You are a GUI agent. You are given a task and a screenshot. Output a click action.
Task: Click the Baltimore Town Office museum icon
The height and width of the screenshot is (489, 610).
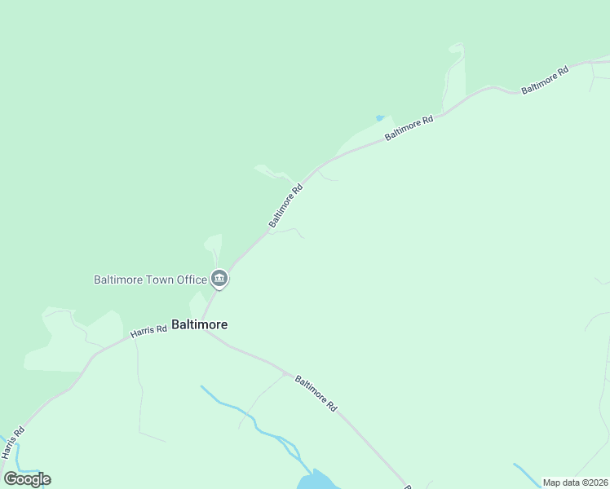pyautogui.click(x=219, y=280)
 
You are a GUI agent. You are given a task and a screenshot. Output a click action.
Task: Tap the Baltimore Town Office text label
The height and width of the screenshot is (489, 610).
pyautogui.click(x=151, y=280)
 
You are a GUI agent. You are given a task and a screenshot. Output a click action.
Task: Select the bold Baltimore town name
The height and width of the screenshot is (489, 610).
pyautogui.click(x=199, y=324)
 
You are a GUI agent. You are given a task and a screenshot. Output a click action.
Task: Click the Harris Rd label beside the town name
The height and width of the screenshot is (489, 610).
pyautogui.click(x=148, y=329)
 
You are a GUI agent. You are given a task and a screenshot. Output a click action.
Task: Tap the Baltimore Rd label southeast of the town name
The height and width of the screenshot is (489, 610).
pyautogui.click(x=316, y=393)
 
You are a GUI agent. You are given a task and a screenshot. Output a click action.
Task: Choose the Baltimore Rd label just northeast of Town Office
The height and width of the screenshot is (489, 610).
pyautogui.click(x=286, y=205)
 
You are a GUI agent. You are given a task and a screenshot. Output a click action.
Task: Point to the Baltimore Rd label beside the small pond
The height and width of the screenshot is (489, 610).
pyautogui.click(x=409, y=128)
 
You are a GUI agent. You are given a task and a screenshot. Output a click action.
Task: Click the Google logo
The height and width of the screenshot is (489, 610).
pyautogui.click(x=28, y=479)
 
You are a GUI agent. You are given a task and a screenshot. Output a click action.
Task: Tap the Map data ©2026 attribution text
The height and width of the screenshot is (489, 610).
pyautogui.click(x=575, y=482)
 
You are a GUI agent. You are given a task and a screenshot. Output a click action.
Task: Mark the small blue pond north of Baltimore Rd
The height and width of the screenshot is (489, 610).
pyautogui.click(x=379, y=118)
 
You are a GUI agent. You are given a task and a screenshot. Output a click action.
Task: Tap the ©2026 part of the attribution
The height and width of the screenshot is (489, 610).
pyautogui.click(x=591, y=482)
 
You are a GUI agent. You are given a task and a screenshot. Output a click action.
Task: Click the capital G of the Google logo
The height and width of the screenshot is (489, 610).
pyautogui.click(x=11, y=478)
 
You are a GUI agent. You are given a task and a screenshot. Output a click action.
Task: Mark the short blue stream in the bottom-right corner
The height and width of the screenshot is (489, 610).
pyautogui.click(x=525, y=474)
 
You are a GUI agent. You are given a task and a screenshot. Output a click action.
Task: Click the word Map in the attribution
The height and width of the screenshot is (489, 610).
pyautogui.click(x=551, y=482)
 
